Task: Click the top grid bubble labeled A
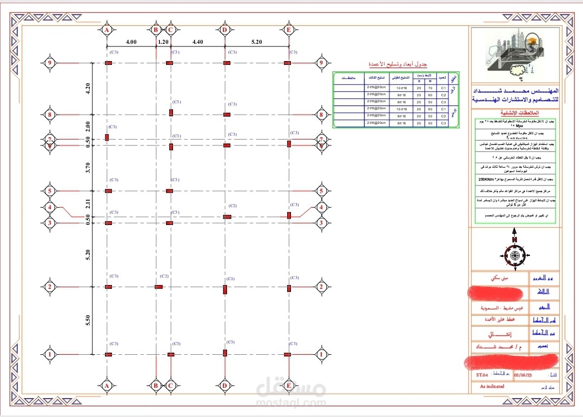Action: click(107, 30)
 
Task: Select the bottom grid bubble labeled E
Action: click(288, 386)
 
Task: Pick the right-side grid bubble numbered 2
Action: click(321, 287)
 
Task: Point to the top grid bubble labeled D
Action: click(224, 30)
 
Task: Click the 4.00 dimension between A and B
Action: click(131, 42)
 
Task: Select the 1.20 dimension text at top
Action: click(163, 42)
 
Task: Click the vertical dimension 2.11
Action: click(88, 203)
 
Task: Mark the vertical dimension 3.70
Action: click(88, 168)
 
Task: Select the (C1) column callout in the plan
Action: click(231, 279)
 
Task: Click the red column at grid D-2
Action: click(225, 289)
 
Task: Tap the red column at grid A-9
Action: click(108, 64)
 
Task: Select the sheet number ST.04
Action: click(482, 374)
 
